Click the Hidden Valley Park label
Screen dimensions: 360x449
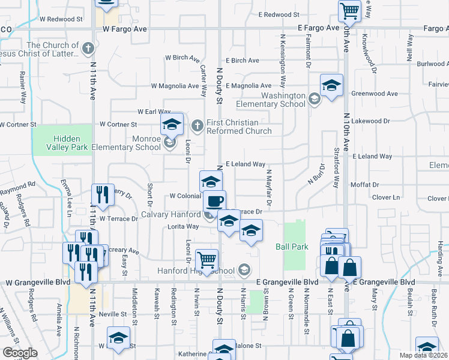pos(62,142)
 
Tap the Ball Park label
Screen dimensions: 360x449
pos(292,246)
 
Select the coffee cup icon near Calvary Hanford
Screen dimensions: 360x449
pos(214,201)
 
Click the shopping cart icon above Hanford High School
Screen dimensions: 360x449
pos(206,260)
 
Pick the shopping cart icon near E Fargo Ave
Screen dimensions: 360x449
pos(349,10)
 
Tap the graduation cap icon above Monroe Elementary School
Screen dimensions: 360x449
pos(172,125)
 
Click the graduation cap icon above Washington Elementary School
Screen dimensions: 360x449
pos(331,85)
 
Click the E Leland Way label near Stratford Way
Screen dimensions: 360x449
pos(372,156)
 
